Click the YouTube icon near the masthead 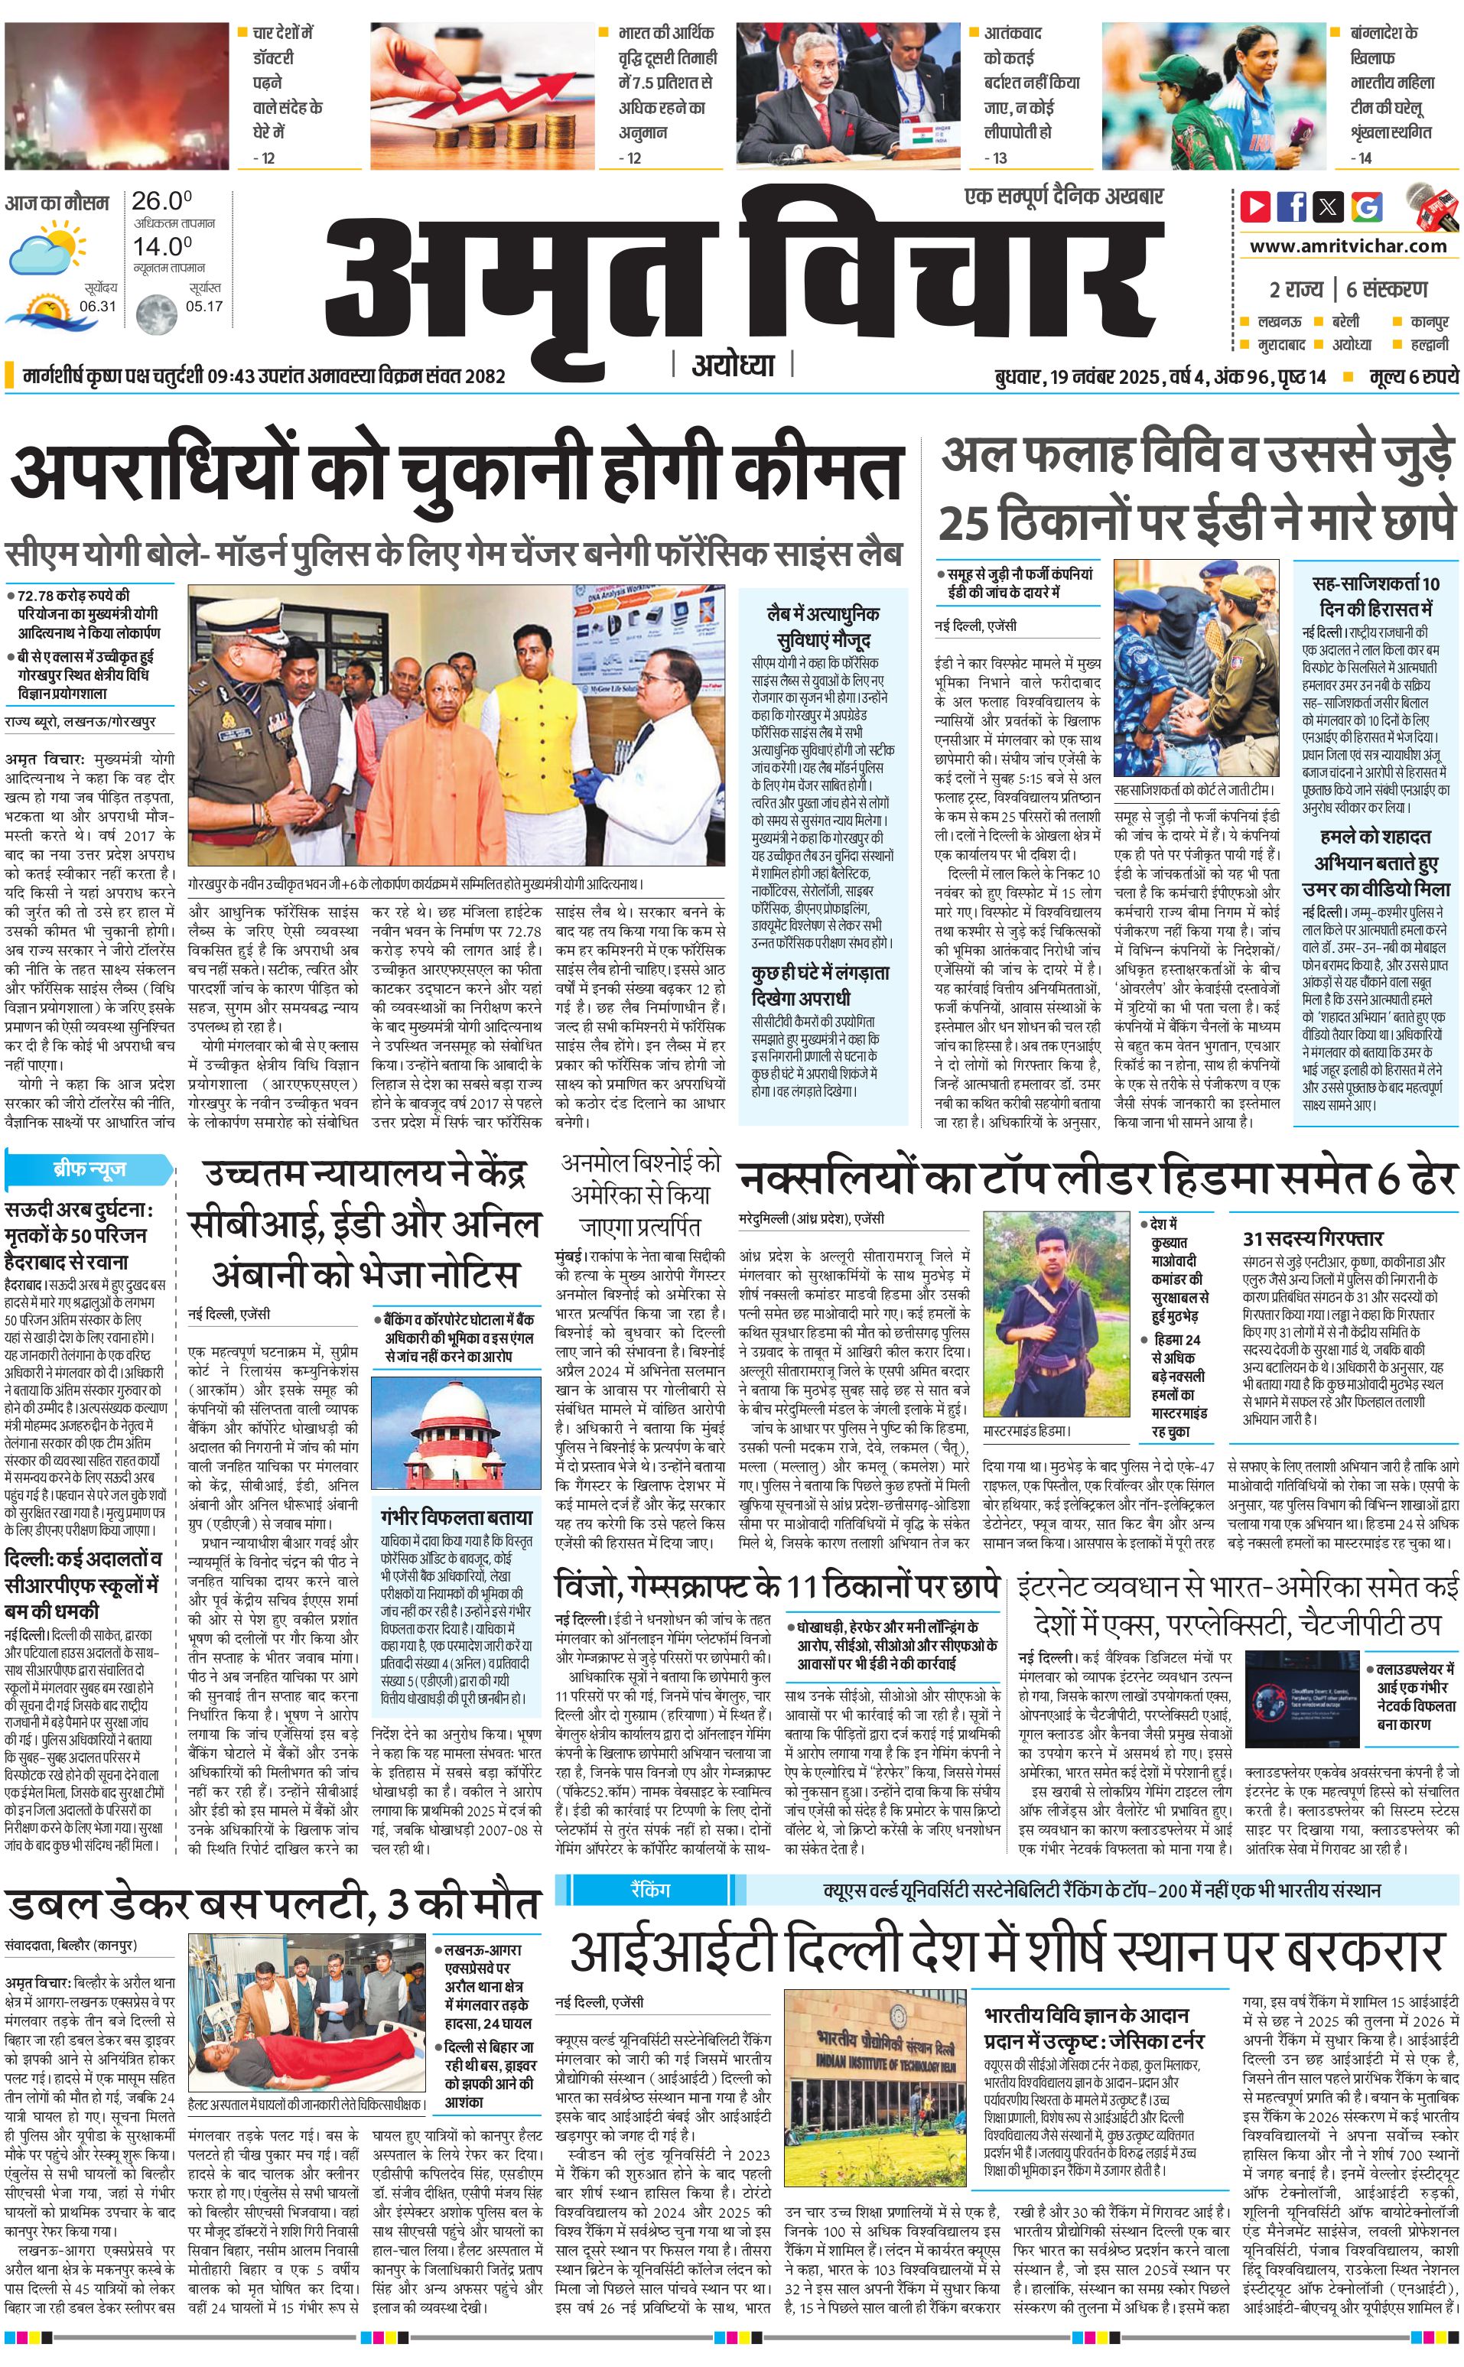[x=1255, y=206]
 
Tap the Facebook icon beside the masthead [x=1292, y=206]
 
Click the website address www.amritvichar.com [x=1348, y=246]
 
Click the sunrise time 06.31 [x=98, y=306]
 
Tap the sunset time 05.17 [x=203, y=306]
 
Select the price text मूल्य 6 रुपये [x=1413, y=376]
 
